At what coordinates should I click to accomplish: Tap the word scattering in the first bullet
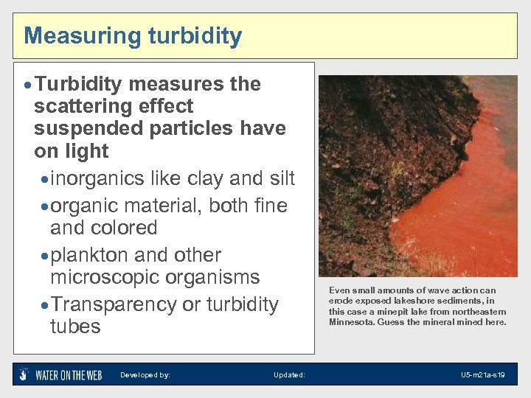(x=91, y=107)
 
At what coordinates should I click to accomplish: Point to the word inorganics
(x=99, y=179)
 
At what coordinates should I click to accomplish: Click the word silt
(x=279, y=179)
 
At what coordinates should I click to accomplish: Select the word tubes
(x=74, y=327)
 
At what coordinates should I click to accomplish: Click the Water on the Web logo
(x=61, y=374)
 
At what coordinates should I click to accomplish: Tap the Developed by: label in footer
(x=145, y=375)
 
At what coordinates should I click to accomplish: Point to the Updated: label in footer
(x=289, y=375)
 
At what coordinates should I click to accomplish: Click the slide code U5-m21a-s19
(x=483, y=375)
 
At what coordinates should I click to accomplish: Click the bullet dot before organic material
(x=45, y=206)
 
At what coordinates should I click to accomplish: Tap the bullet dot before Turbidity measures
(x=27, y=85)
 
